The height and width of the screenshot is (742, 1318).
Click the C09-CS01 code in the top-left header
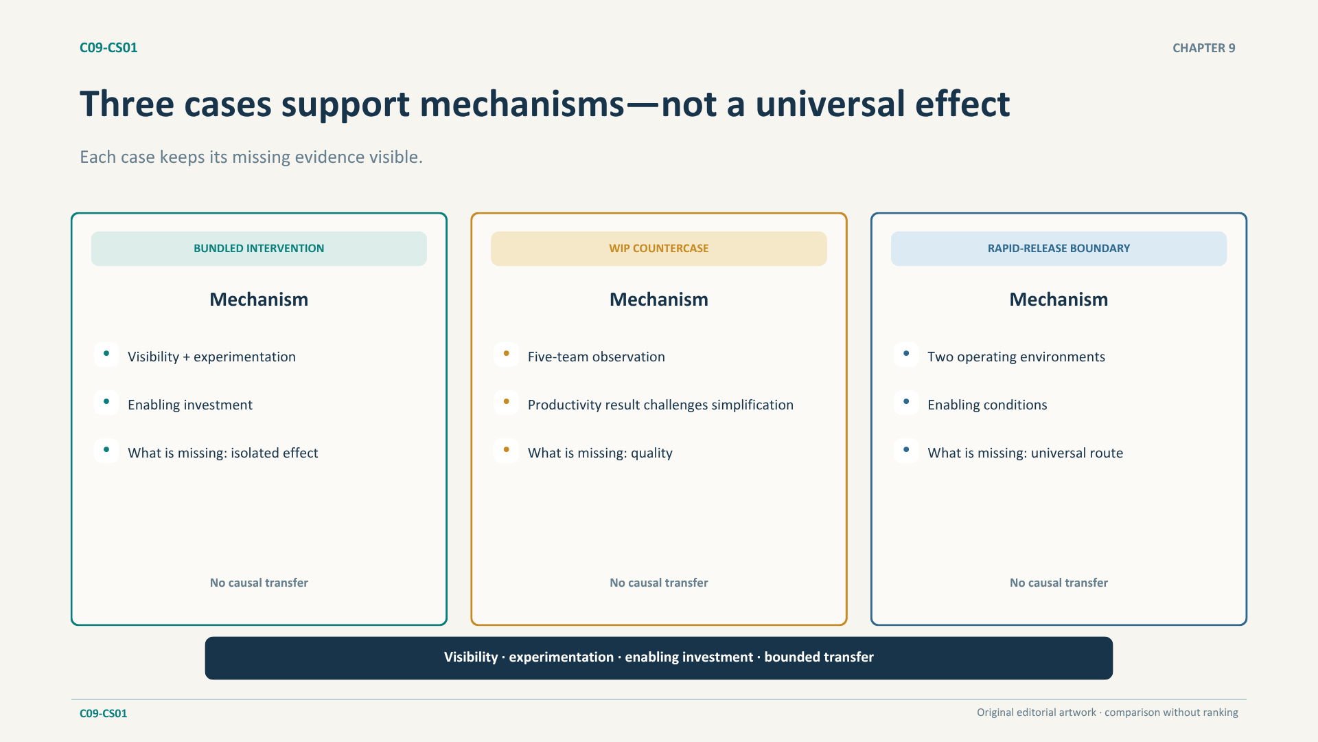pyautogui.click(x=108, y=47)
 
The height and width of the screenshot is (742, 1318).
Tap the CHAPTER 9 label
pyautogui.click(x=1203, y=48)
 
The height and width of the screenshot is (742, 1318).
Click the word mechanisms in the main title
pyautogui.click(x=522, y=104)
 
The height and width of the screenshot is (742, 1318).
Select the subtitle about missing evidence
pyautogui.click(x=251, y=157)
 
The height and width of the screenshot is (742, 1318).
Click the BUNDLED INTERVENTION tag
pyautogui.click(x=259, y=249)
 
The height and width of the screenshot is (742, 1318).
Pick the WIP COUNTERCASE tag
pyautogui.click(x=659, y=249)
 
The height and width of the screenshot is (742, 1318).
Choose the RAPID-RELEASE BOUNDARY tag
pyautogui.click(x=1059, y=249)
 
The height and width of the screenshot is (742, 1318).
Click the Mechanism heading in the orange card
pyautogui.click(x=659, y=300)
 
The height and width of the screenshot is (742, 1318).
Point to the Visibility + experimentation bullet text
pyautogui.click(x=211, y=357)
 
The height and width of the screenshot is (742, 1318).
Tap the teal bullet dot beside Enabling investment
pyautogui.click(x=106, y=402)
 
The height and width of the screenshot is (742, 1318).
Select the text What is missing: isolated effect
pyautogui.click(x=223, y=453)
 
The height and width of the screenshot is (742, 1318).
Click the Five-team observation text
pyautogui.click(x=597, y=357)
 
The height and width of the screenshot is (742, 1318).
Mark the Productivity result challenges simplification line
pyautogui.click(x=660, y=405)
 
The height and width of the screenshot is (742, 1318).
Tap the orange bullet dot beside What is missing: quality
pyautogui.click(x=507, y=450)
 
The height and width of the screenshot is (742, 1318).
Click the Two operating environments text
pyautogui.click(x=1017, y=357)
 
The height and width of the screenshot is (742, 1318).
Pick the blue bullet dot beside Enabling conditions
pyautogui.click(x=906, y=402)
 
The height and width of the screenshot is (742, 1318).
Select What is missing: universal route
pyautogui.click(x=1026, y=453)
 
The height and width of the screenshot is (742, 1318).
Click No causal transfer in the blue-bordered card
pyautogui.click(x=1059, y=583)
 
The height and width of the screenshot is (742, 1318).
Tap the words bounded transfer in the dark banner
pyautogui.click(x=819, y=657)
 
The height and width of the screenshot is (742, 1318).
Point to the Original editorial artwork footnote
pyautogui.click(x=1107, y=712)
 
